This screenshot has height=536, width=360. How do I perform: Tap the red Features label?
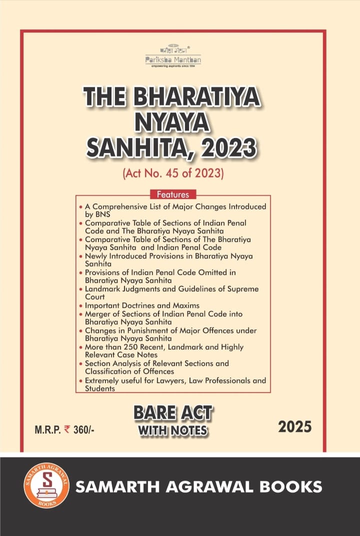click(x=173, y=194)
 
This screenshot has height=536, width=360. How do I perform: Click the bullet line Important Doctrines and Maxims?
click(x=142, y=305)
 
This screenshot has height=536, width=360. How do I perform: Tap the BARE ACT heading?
click(x=173, y=413)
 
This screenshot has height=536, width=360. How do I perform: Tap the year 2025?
click(x=295, y=427)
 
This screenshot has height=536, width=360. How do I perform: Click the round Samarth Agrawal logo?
click(x=46, y=485)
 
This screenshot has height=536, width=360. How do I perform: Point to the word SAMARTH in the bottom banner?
click(x=112, y=486)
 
